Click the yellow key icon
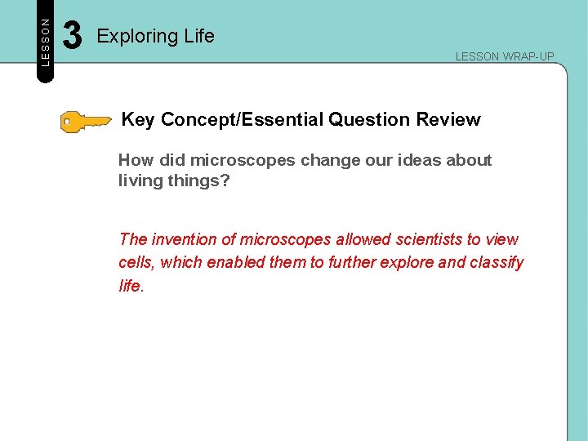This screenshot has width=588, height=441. pos(86,122)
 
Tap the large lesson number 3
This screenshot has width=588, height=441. pos(73,36)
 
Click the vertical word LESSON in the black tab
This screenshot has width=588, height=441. pos(46,42)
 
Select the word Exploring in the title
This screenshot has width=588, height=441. pos(131,36)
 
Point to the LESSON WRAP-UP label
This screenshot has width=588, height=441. pos(505,56)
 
